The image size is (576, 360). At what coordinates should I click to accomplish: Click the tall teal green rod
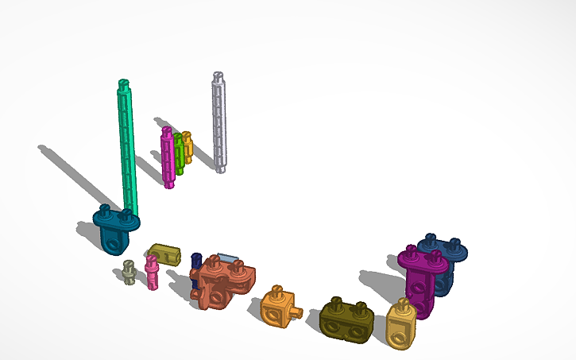[128, 151]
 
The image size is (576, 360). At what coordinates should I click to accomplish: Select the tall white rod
[219, 123]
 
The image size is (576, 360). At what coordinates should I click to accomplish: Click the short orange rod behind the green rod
[187, 147]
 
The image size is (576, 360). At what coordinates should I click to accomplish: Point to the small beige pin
[129, 273]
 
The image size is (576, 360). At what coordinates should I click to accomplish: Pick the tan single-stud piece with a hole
[401, 324]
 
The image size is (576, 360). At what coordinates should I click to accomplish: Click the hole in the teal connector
[116, 245]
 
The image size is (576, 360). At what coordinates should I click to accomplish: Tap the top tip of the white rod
[218, 76]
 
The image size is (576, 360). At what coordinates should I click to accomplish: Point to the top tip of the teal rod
[123, 83]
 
